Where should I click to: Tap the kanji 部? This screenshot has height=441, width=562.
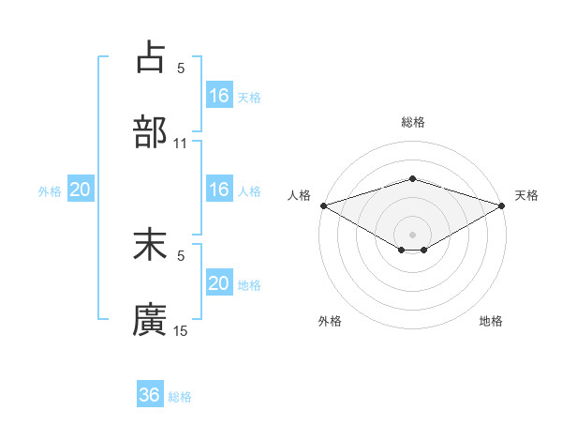[151, 132]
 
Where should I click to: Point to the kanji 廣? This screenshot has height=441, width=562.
[151, 320]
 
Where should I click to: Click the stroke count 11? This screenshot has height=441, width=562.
[181, 144]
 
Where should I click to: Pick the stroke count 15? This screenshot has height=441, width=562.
[181, 331]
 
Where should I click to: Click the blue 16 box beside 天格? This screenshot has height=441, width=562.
[219, 96]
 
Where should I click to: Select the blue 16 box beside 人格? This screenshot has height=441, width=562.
[219, 190]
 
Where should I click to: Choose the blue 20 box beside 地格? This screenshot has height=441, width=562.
[219, 283]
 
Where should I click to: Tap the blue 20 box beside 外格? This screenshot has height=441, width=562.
[81, 190]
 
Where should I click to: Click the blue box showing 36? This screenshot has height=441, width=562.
[150, 395]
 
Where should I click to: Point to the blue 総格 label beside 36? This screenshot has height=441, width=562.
[180, 397]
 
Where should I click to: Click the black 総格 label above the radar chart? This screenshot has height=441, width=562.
[412, 122]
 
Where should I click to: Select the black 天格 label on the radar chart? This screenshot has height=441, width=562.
[527, 195]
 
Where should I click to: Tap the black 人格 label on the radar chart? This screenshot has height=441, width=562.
[299, 195]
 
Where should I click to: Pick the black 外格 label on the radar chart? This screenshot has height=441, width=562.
[330, 321]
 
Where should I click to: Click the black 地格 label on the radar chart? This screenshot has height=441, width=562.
[491, 321]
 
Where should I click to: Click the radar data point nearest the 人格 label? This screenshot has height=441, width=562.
[323, 205]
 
